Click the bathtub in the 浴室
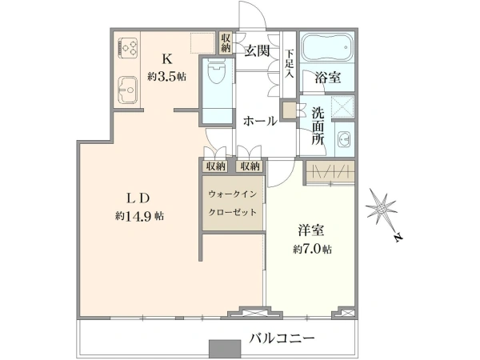point(327,47)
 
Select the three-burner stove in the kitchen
point(128,47)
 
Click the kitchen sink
point(127,90)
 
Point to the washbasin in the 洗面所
point(344,140)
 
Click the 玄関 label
point(257,51)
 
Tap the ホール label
point(260,122)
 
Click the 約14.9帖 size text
point(139,217)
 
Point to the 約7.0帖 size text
point(312,250)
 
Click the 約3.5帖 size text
point(167,76)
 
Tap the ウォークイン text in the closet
point(232,194)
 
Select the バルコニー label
point(282,338)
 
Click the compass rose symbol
point(381,209)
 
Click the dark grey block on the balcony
point(225,348)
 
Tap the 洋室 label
point(312,230)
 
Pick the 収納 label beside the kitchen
point(226,43)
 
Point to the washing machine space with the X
point(343,107)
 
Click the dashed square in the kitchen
point(202,43)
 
